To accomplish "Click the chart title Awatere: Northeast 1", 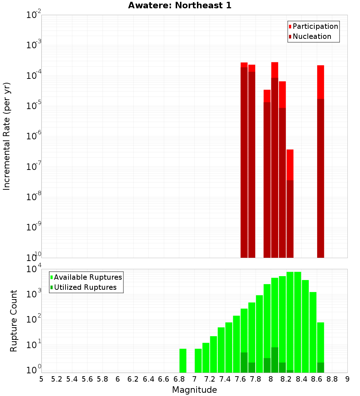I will [180, 5].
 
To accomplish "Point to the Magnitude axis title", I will [194, 390].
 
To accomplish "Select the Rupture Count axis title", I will [14, 321].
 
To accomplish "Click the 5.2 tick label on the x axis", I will [57, 379].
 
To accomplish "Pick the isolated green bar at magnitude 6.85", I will [183, 360].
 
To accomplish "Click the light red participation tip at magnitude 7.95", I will [267, 96].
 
